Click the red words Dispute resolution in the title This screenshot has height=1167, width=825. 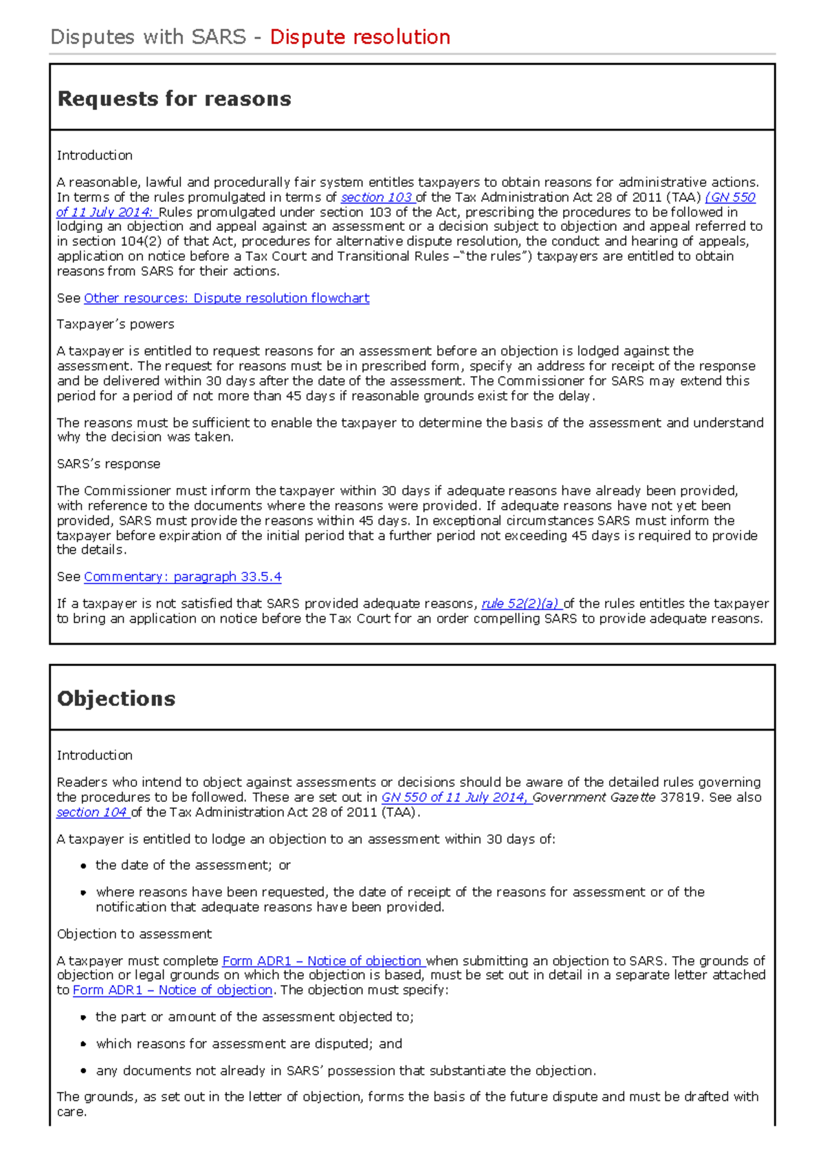point(360,37)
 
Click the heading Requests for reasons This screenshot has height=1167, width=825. point(174,99)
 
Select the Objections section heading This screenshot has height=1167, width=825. point(116,699)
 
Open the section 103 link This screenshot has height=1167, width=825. point(376,198)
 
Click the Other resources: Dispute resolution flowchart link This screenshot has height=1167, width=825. point(226,298)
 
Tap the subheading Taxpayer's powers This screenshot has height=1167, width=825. point(115,324)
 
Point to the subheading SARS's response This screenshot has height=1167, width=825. point(109,465)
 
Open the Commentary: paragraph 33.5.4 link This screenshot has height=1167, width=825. point(182,577)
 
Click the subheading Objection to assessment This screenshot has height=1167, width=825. point(134,934)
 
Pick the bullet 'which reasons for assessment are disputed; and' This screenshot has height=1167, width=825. point(249,1044)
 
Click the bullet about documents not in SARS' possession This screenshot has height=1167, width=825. point(345,1071)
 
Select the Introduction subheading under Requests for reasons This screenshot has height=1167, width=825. point(95,156)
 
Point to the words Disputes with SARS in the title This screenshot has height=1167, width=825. point(148,37)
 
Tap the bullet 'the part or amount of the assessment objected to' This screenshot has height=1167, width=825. point(254,1017)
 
